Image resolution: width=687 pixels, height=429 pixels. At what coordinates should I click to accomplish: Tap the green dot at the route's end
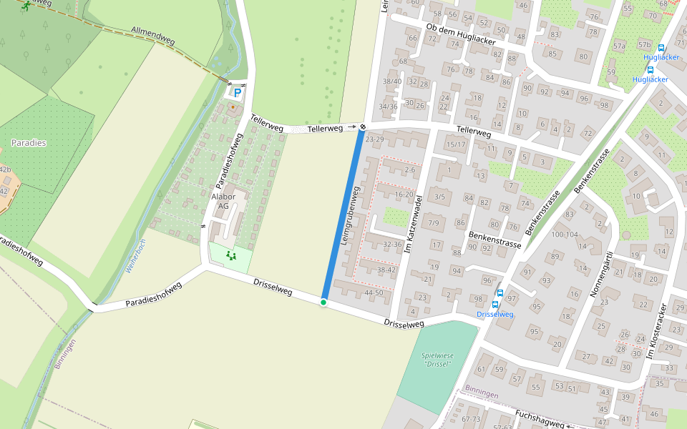(323, 302)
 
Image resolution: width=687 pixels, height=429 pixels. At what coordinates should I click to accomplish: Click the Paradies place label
(29, 143)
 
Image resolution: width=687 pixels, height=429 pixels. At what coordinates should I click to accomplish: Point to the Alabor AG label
(223, 201)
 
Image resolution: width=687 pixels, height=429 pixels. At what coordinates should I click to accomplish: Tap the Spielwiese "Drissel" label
(437, 359)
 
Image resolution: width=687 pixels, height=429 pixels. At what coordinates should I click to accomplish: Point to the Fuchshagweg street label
(540, 419)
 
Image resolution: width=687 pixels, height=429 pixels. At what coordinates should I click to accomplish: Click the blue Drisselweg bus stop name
(495, 315)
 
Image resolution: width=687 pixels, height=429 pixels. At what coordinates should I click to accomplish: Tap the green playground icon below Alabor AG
(230, 255)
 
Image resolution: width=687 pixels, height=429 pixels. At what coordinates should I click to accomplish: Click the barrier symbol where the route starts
(363, 127)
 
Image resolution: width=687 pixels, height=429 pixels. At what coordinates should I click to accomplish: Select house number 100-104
(564, 235)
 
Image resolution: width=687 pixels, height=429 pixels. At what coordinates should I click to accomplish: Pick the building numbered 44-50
(374, 292)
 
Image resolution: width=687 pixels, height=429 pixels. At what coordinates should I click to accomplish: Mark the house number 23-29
(374, 139)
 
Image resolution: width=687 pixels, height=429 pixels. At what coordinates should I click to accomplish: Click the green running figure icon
(26, 6)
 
